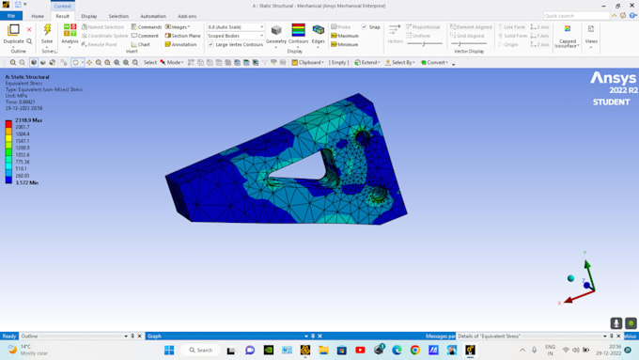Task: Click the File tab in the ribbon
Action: coord(11,16)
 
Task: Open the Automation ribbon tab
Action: coord(152,16)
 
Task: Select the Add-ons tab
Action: coord(187,16)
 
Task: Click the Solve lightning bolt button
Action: coord(46,30)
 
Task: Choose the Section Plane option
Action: coord(183,36)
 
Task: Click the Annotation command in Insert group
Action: coord(181,44)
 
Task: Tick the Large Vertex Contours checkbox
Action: coord(210,44)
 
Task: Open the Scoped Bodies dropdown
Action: coord(236,36)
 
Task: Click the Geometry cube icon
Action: coord(276,31)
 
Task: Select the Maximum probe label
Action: coord(347,36)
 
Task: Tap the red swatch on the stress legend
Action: coord(8,123)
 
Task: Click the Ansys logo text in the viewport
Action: coord(613,78)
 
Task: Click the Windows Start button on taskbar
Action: coord(169,350)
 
